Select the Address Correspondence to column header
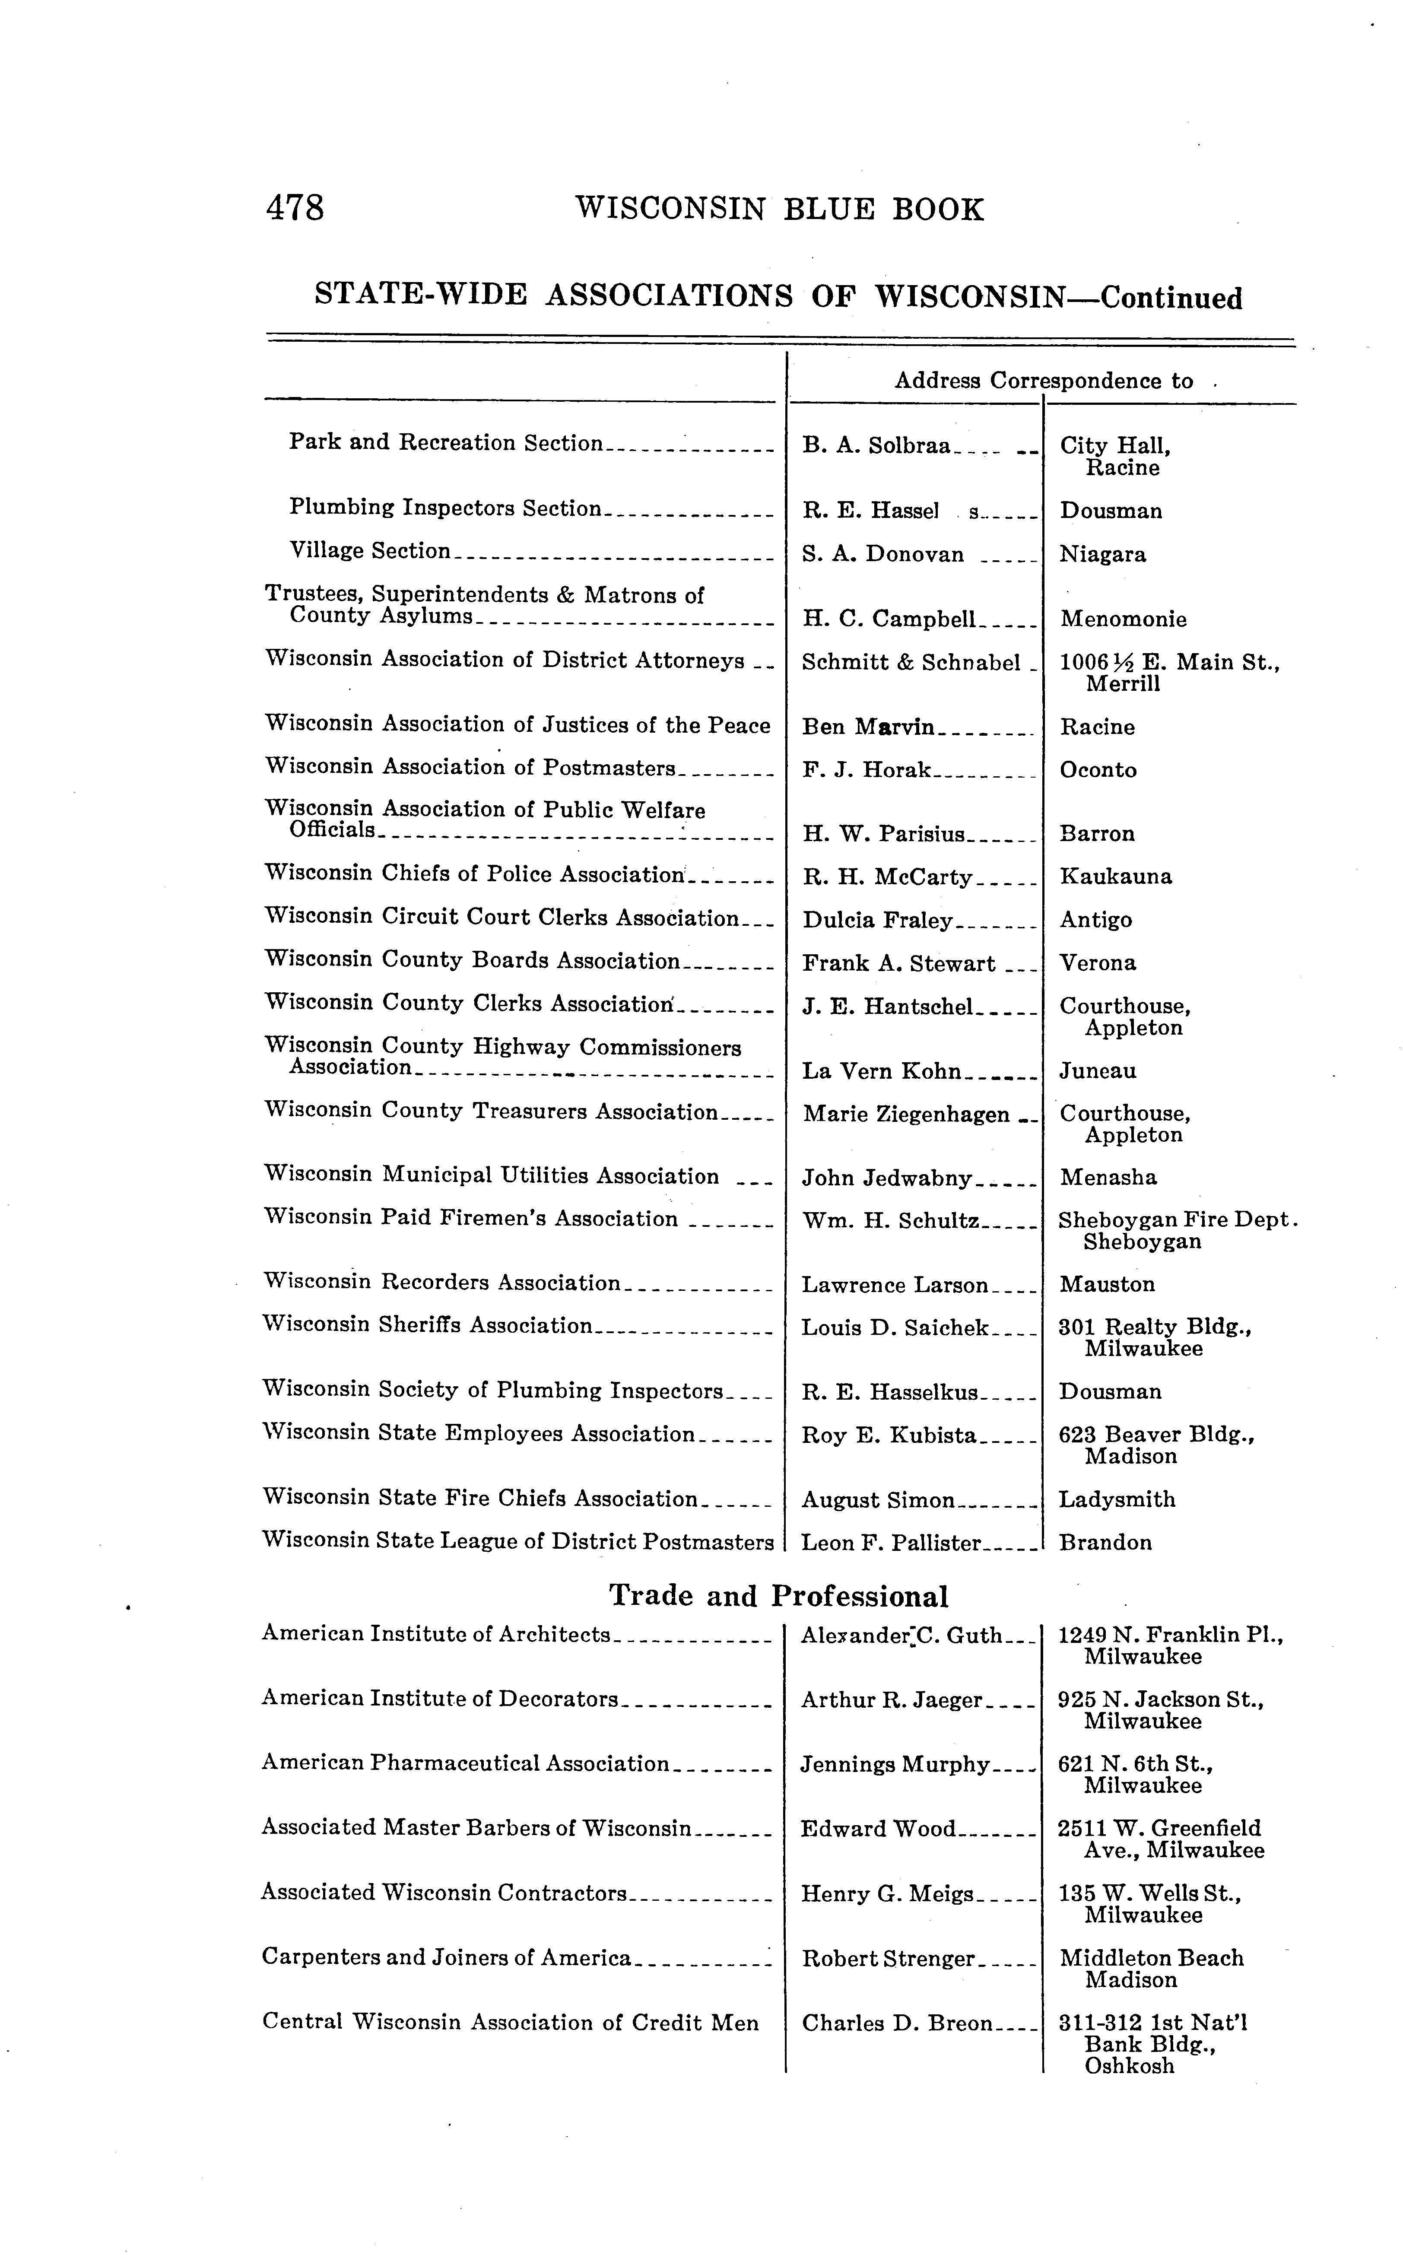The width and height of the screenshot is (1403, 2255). click(x=1043, y=381)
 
